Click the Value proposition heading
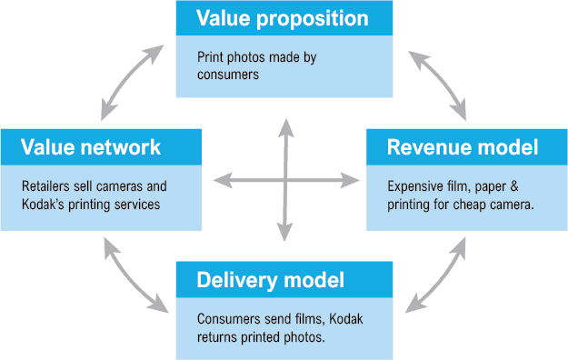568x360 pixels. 284,18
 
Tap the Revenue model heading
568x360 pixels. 463,147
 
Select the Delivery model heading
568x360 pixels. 271,279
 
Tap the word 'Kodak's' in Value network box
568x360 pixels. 45,204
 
